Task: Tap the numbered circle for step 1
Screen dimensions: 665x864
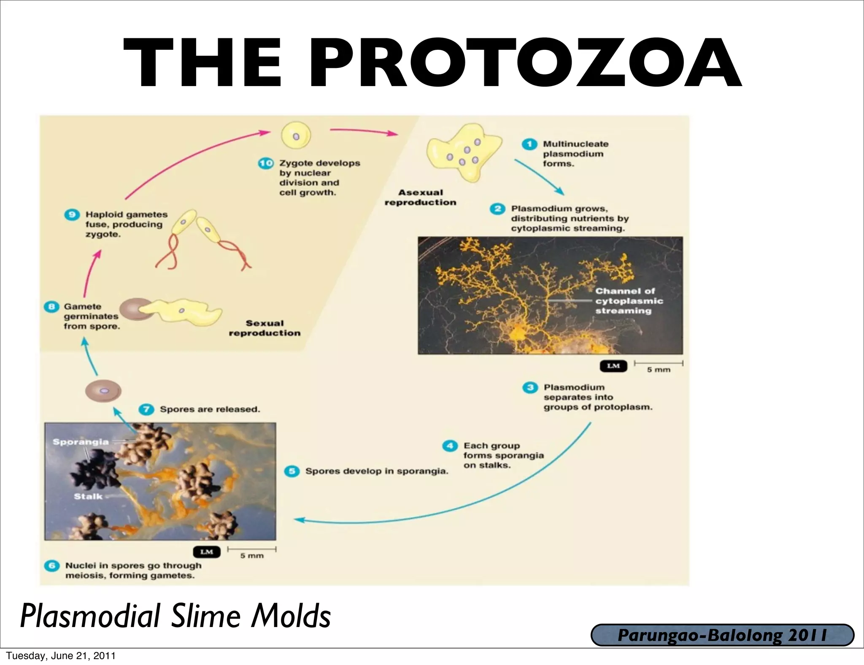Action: point(529,144)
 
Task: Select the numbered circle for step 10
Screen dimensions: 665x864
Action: point(266,163)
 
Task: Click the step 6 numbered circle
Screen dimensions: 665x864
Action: point(51,565)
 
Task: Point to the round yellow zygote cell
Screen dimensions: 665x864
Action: point(296,136)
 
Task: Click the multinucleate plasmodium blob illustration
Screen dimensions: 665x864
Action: point(462,152)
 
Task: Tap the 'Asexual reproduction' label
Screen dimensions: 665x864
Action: point(420,197)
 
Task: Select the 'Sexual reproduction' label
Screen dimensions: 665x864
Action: point(265,328)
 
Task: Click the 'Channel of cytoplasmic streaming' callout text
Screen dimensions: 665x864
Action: point(629,301)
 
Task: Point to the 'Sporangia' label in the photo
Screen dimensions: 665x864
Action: point(81,442)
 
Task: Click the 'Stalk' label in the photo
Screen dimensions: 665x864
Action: point(88,496)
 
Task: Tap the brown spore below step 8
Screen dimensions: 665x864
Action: point(103,391)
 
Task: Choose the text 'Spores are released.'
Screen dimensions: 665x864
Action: point(210,409)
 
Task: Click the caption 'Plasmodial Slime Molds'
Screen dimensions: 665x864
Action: point(175,616)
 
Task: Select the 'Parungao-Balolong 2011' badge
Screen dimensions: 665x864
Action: point(722,635)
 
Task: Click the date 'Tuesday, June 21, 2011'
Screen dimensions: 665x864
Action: point(60,655)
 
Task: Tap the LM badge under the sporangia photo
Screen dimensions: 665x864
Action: point(206,551)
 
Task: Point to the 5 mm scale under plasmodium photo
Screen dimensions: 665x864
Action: point(658,366)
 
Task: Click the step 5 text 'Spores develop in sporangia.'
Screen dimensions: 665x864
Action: point(376,471)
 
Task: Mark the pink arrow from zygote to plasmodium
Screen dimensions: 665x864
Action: point(363,132)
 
